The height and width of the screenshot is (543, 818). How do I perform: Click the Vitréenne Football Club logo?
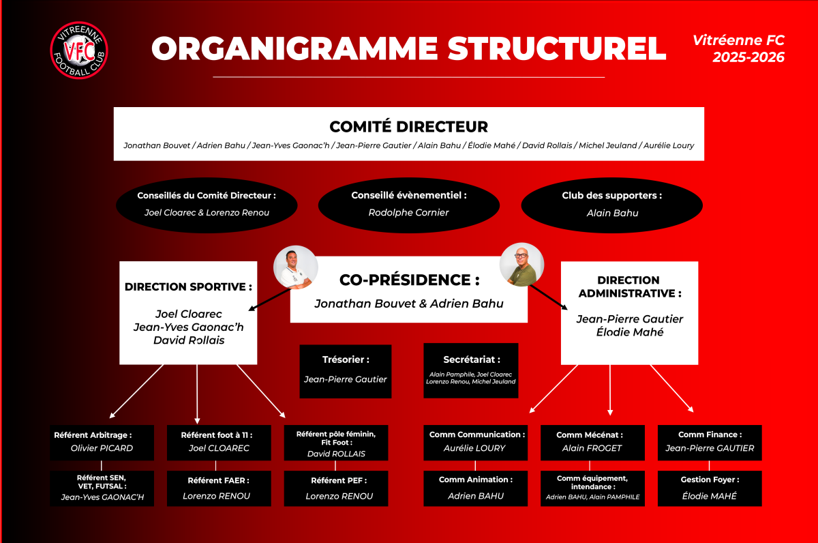tap(79, 50)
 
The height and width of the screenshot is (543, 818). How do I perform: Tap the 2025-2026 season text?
tap(748, 58)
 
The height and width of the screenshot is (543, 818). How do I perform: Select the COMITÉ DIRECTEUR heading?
tap(408, 127)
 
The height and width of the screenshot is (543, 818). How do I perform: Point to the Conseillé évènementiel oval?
tap(409, 204)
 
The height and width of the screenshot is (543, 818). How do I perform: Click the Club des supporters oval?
tap(611, 204)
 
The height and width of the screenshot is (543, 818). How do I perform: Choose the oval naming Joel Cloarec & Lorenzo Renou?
tap(207, 204)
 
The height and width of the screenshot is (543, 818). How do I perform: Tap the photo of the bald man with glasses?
tap(521, 264)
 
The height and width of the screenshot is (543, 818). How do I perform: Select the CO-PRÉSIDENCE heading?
tap(409, 280)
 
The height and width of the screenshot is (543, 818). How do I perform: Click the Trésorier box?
tap(346, 371)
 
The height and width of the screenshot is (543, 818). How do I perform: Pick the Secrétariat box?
tap(471, 371)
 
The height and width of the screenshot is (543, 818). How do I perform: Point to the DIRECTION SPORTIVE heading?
tap(185, 287)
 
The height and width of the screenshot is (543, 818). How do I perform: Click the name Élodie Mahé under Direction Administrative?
tap(629, 332)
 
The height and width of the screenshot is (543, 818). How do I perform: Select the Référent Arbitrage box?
tap(102, 442)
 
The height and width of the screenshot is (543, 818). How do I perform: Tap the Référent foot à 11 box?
tap(219, 442)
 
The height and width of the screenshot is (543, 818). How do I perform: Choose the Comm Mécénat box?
tap(592, 442)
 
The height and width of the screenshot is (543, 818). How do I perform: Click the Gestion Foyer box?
tap(710, 488)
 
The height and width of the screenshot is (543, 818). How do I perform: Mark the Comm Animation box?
tap(475, 488)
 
